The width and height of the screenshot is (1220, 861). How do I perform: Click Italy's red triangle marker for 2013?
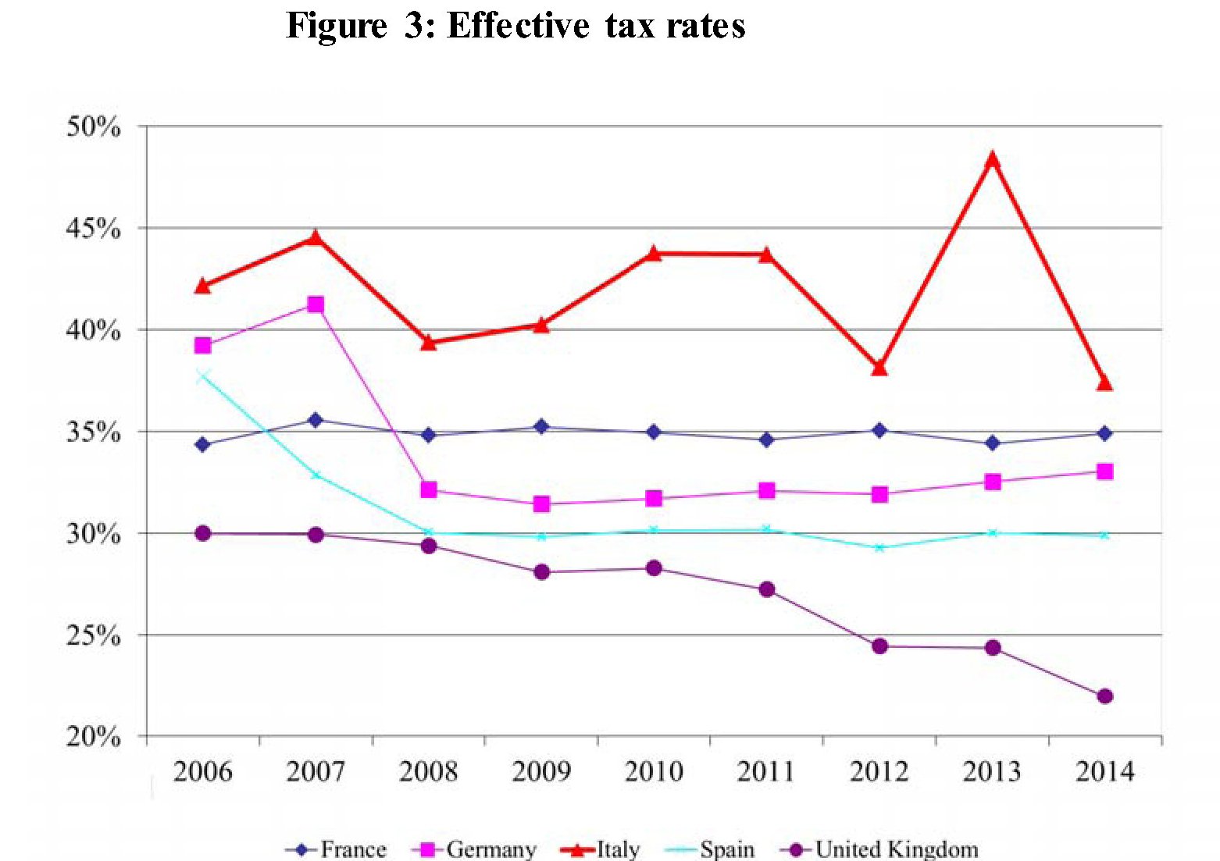pos(992,161)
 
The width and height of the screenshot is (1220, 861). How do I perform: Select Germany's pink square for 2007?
pos(316,304)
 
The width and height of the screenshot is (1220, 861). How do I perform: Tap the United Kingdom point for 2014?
pos(1104,696)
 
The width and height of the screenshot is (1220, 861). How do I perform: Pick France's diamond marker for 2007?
pos(316,420)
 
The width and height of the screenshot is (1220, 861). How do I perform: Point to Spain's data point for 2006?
pos(203,376)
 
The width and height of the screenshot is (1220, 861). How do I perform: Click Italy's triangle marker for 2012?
pos(879,367)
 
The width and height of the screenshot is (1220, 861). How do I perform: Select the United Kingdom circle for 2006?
pos(203,533)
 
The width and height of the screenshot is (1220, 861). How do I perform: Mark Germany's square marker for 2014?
pos(1104,471)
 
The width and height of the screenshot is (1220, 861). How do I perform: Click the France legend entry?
pos(337,849)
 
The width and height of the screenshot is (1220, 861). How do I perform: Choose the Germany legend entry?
pos(478,849)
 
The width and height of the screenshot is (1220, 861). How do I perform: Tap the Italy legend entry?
pos(601,849)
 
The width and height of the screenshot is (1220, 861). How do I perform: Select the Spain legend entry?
pos(711,849)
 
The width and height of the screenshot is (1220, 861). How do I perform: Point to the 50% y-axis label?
pos(94,126)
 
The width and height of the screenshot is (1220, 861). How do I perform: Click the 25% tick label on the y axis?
pos(94,636)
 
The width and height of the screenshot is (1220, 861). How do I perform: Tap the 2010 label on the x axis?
pos(654,772)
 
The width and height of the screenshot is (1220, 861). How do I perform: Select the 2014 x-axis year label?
pos(1104,772)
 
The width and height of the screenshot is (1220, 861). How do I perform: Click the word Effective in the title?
pos(518,26)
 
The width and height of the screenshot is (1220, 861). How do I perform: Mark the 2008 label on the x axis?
pos(428,772)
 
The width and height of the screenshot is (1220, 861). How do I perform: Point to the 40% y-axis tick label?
pos(94,330)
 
